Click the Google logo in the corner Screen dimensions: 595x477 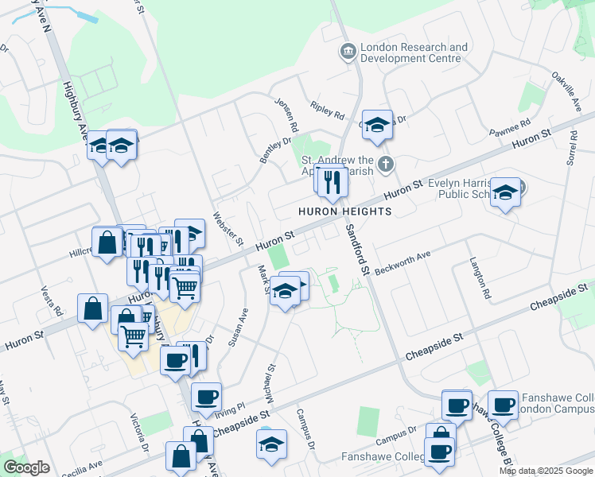pos(26,467)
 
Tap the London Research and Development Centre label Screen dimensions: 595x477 pos(414,52)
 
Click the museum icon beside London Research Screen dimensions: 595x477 pos(348,52)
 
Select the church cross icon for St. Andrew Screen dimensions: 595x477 pos(386,165)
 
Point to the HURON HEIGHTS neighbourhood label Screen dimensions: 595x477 pos(345,211)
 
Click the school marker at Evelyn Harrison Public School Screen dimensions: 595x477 pos(505,193)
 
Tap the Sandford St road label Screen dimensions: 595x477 pos(356,249)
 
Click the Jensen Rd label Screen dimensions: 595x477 pos(287,115)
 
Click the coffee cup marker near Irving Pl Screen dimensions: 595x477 pos(206,396)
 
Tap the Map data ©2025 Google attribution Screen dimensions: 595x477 pos(545,471)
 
